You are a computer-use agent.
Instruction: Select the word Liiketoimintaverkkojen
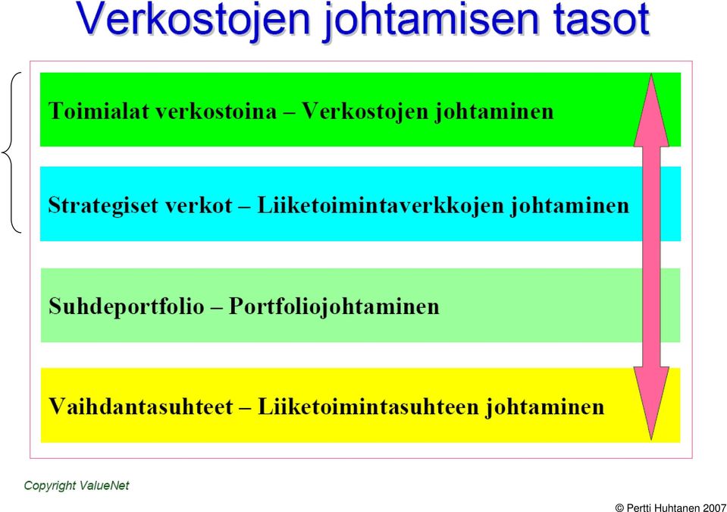pos(381,206)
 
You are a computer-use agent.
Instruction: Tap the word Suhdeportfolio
pos(127,306)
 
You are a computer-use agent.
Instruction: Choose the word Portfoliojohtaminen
pos(334,306)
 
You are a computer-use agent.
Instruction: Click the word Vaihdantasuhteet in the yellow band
pos(140,407)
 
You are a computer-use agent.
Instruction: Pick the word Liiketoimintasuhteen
pos(368,407)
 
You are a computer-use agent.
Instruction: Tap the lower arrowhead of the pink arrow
pos(651,404)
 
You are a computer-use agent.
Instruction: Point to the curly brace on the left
pos(11,152)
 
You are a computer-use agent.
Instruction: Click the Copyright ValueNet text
pos(77,485)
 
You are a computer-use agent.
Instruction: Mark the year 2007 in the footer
pos(714,507)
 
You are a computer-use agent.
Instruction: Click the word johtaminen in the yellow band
pos(545,407)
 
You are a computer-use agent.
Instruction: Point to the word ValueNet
pos(105,485)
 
